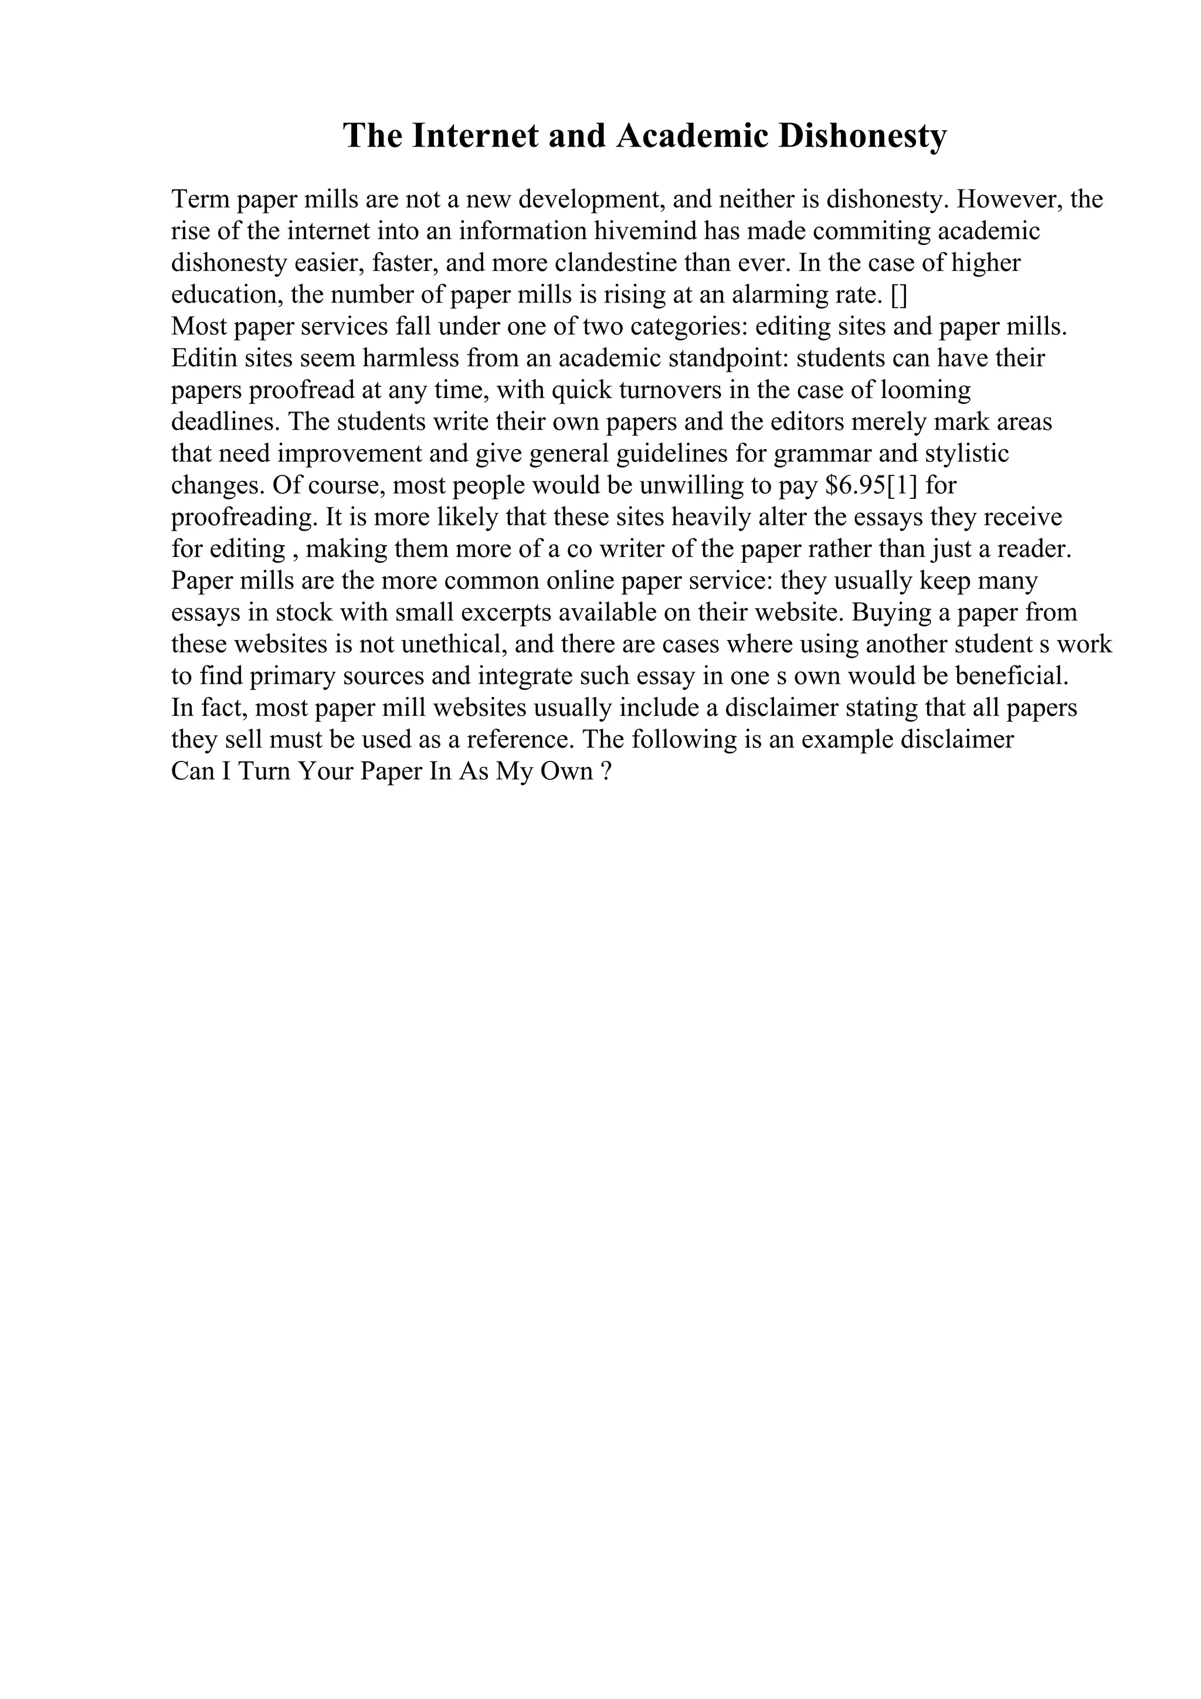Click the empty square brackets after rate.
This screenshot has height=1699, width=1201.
[899, 295]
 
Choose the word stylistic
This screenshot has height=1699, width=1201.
[966, 454]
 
